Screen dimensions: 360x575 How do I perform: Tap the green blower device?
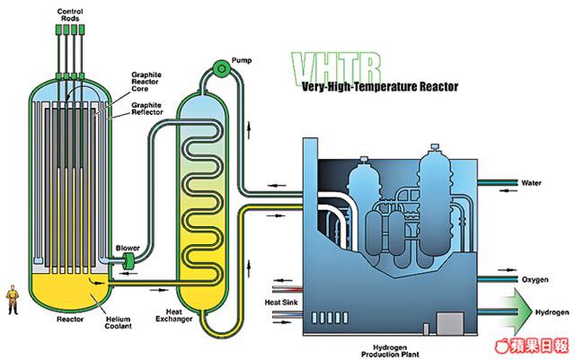click(x=128, y=261)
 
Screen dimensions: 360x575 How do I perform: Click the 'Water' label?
click(x=532, y=183)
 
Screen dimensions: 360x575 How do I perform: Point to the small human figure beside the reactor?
click(x=13, y=298)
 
